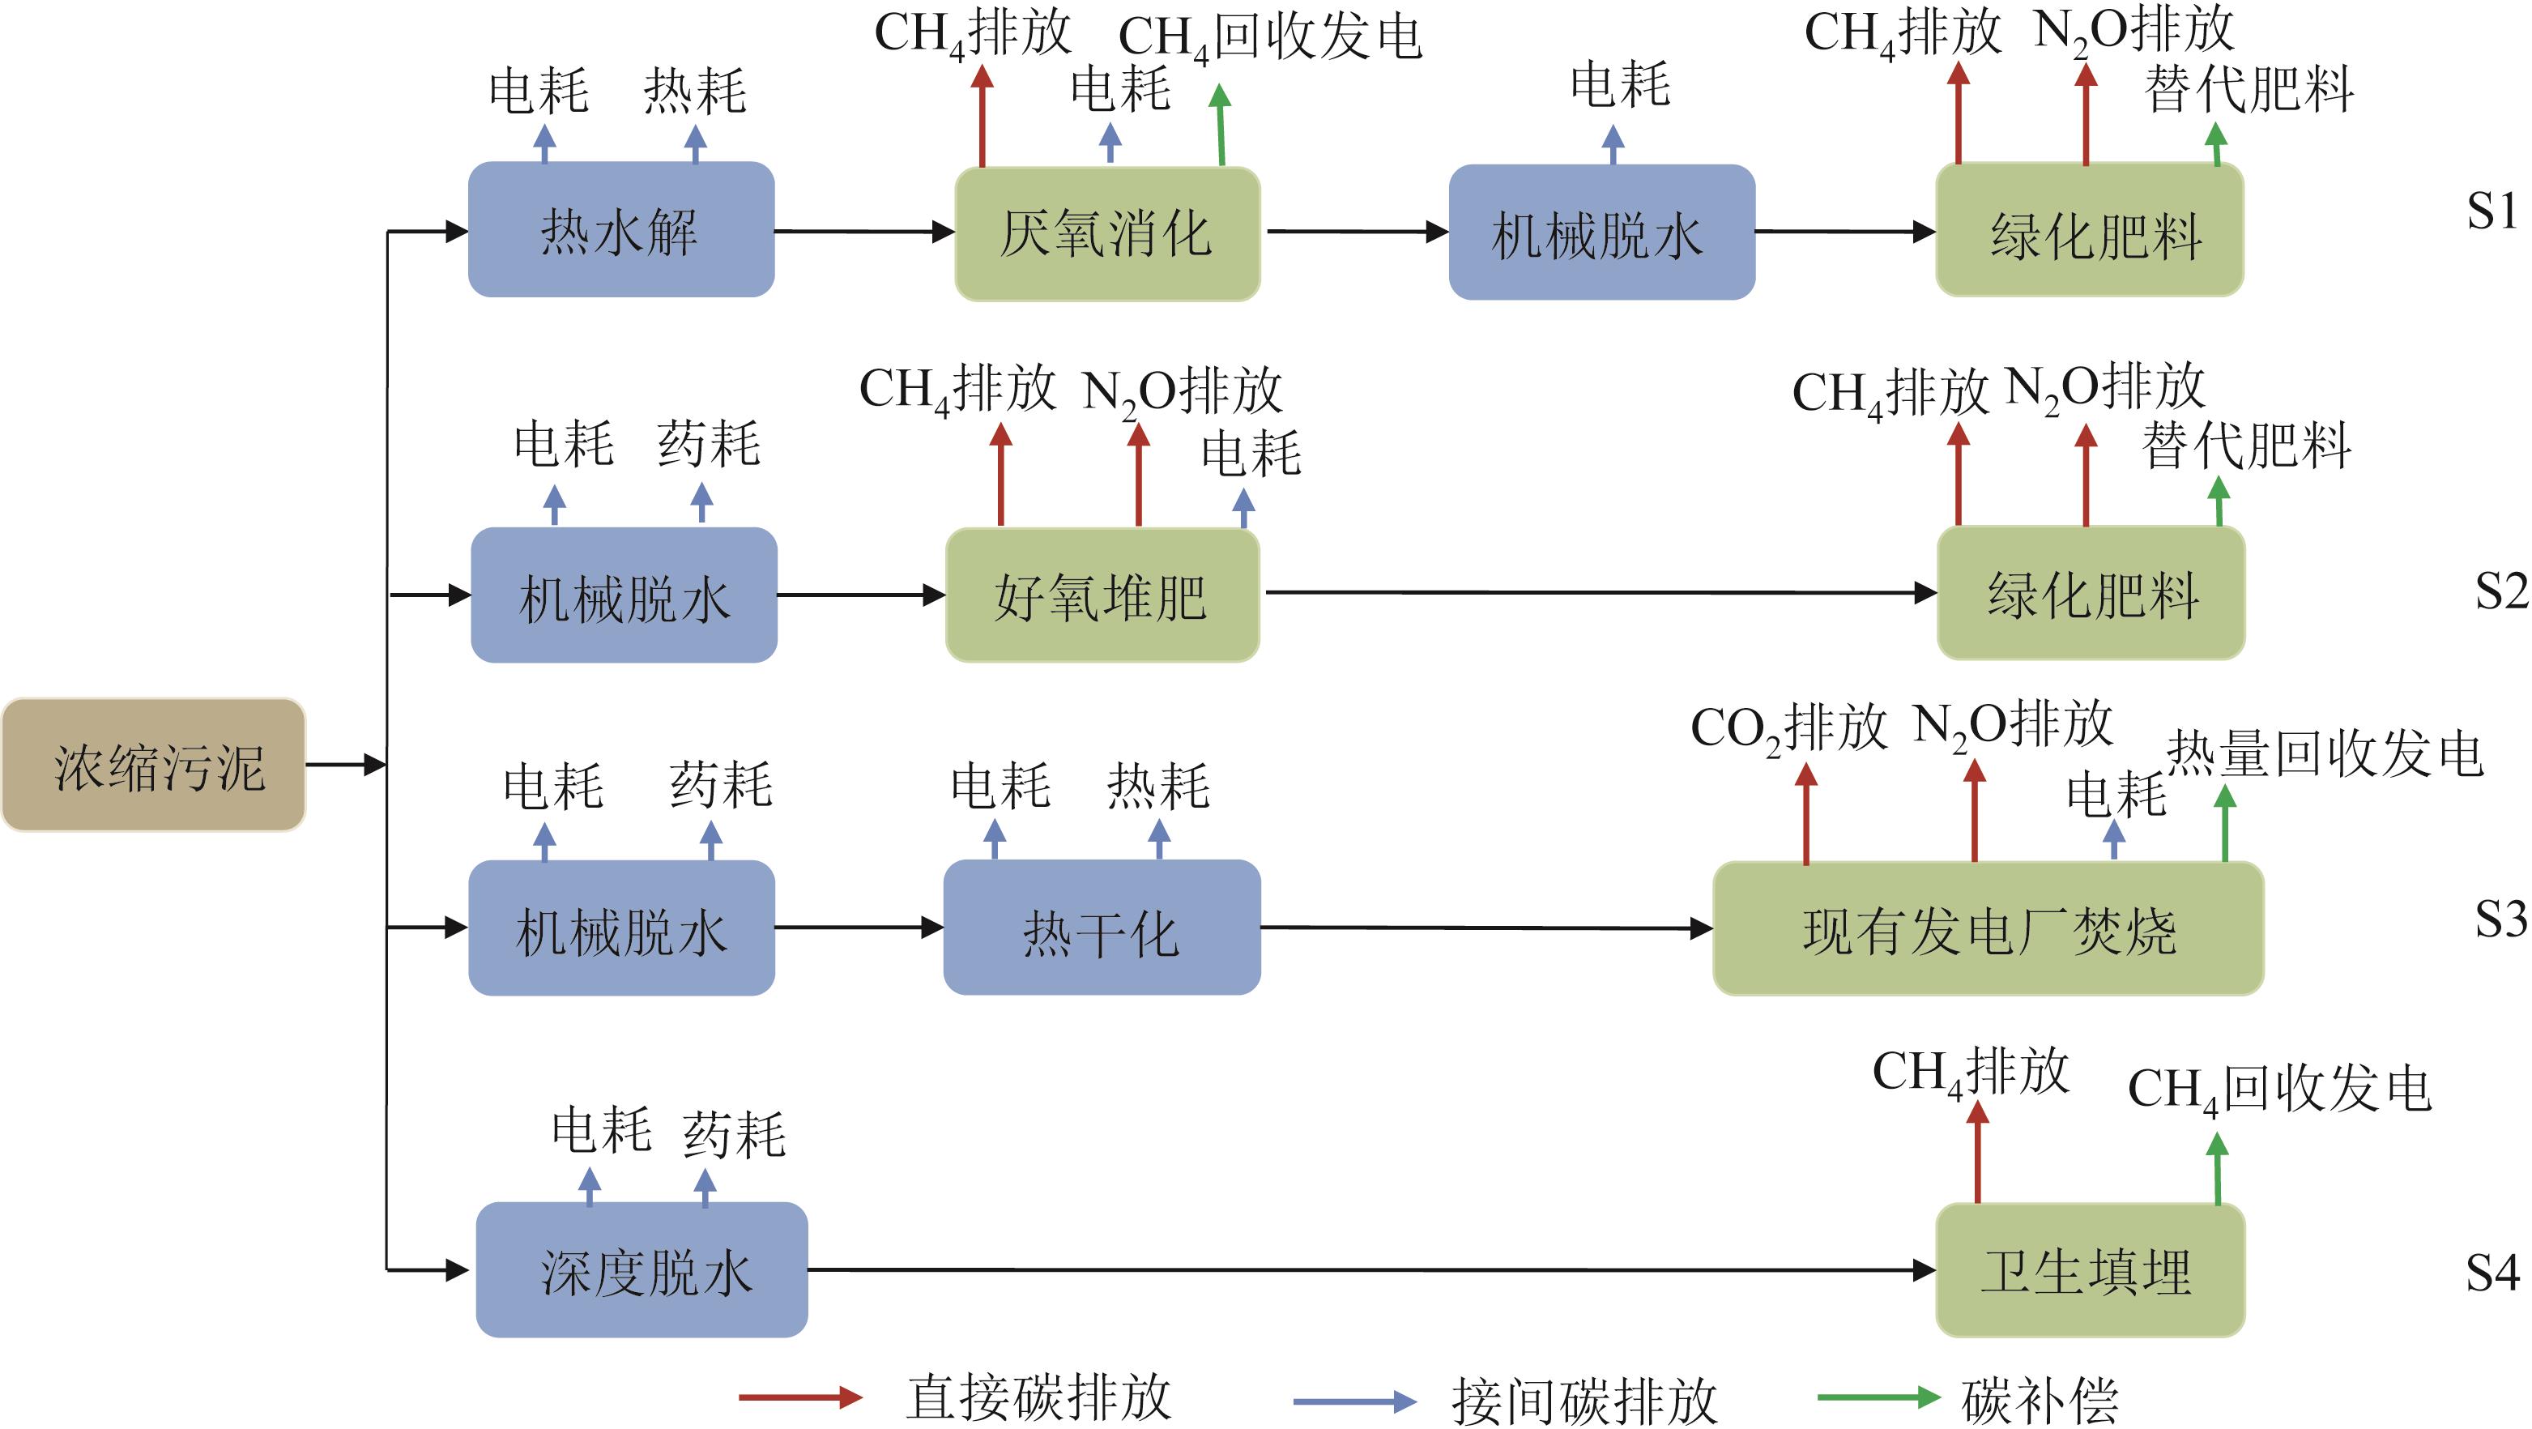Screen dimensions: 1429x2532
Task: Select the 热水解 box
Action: [620, 230]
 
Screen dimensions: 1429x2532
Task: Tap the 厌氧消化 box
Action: [1106, 234]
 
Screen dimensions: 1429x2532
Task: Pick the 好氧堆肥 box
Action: [1101, 595]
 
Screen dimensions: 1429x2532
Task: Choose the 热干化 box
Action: [1101, 928]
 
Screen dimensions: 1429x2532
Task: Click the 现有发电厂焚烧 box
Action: [1988, 928]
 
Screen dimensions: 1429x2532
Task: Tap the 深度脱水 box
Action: [642, 1269]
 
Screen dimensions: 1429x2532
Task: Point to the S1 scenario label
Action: [2492, 211]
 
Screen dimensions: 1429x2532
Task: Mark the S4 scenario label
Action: [2492, 1273]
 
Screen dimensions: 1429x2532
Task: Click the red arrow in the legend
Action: [800, 1397]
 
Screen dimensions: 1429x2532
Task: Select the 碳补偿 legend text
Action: [2040, 1400]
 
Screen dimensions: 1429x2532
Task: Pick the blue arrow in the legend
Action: [1354, 1401]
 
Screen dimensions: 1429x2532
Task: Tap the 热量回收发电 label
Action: [2325, 755]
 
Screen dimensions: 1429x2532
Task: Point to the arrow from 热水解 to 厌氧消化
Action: [863, 232]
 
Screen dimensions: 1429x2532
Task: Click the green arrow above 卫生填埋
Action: [2218, 1170]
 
